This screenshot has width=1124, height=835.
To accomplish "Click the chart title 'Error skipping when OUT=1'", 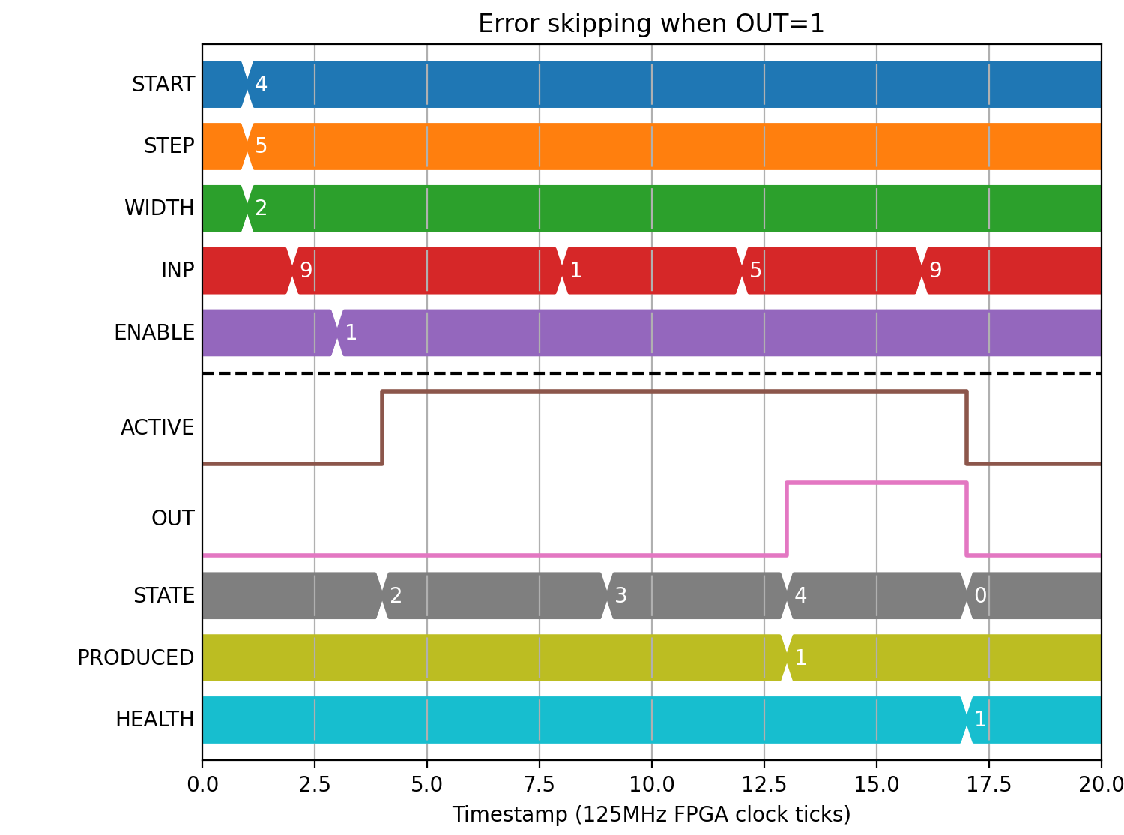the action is click(x=650, y=24).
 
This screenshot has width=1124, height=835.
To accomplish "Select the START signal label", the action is click(x=163, y=84).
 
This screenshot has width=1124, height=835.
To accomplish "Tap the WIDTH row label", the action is click(x=159, y=208).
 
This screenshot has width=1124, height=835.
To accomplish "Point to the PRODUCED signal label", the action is click(x=136, y=657).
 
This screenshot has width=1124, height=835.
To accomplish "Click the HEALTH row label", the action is click(x=154, y=720).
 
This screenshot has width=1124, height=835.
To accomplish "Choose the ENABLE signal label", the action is click(x=154, y=333).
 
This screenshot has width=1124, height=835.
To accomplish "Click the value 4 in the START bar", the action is click(x=261, y=84).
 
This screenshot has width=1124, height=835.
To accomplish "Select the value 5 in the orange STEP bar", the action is click(x=261, y=146).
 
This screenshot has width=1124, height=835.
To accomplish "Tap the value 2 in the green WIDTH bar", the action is click(x=261, y=208).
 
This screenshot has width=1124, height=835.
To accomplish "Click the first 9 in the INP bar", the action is click(x=306, y=271).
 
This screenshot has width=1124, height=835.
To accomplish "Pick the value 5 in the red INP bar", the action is click(x=755, y=271).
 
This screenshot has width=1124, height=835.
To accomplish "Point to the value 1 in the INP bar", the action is click(x=575, y=271).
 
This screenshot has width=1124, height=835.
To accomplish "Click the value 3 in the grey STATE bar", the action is click(x=620, y=596).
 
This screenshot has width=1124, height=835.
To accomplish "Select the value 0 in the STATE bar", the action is click(x=980, y=596).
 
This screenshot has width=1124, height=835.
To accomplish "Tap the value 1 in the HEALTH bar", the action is click(x=980, y=720).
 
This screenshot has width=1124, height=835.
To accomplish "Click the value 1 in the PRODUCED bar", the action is click(x=800, y=657).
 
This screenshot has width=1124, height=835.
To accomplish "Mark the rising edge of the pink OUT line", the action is click(x=787, y=519).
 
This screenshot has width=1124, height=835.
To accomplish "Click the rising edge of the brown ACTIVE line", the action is click(x=382, y=428).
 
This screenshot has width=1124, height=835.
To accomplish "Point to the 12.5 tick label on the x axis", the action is click(x=764, y=785).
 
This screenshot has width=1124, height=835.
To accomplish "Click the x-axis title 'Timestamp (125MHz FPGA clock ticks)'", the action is click(x=651, y=814).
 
